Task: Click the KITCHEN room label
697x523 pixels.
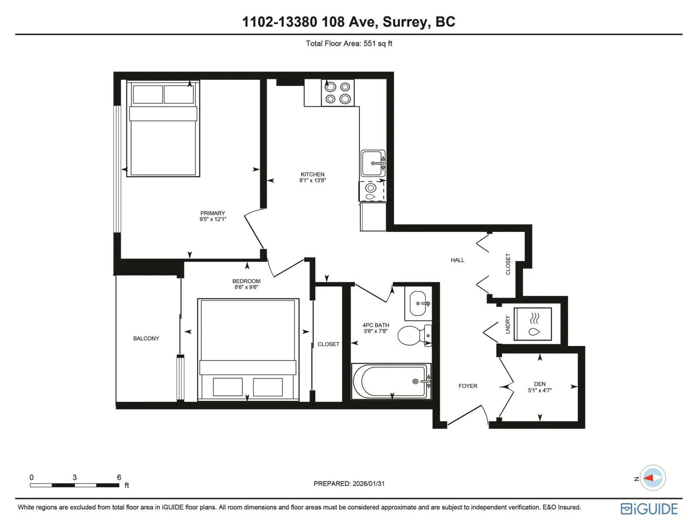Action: tap(312, 174)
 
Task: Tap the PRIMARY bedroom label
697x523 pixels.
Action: tap(213, 213)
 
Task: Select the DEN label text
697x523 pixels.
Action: tap(539, 384)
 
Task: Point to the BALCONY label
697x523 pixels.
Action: tap(146, 339)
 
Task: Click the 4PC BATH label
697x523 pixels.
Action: tap(376, 325)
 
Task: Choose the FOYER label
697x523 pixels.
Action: tap(468, 386)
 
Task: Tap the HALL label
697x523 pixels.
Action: tap(457, 260)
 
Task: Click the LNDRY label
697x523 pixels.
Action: tap(508, 325)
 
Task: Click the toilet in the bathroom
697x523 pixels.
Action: tap(414, 335)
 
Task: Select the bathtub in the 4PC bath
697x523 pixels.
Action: tap(391, 381)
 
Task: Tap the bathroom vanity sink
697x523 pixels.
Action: tap(418, 303)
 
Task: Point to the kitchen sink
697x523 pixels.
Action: tap(373, 163)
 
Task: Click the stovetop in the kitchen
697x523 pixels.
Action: tap(338, 93)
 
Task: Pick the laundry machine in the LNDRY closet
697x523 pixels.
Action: tap(532, 324)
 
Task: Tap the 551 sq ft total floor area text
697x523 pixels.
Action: tap(378, 44)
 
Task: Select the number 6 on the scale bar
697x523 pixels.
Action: tap(119, 477)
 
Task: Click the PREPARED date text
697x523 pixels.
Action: tap(349, 484)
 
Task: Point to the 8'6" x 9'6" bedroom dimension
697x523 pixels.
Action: tap(246, 287)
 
